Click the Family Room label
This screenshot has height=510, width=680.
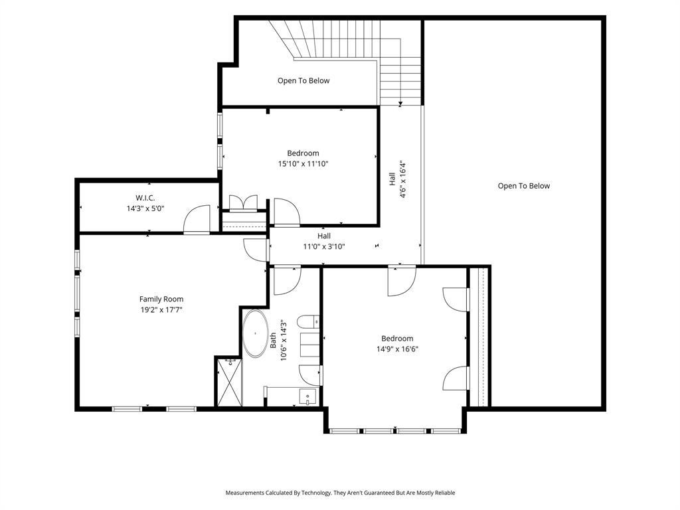tap(161, 299)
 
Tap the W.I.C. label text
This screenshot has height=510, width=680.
tap(145, 198)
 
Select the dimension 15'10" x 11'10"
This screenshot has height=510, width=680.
tap(303, 164)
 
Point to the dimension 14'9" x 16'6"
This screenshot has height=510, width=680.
tap(397, 349)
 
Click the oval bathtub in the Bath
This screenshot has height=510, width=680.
tap(255, 333)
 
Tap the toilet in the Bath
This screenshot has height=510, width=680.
tap(308, 322)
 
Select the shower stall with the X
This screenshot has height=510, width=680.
tap(229, 382)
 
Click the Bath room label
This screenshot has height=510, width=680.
tap(273, 341)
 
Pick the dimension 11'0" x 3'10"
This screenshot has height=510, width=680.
tap(324, 247)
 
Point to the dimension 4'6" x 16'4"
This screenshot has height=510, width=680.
tap(403, 179)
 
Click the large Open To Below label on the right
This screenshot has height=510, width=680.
tap(524, 186)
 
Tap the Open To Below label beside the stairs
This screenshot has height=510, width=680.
tap(303, 80)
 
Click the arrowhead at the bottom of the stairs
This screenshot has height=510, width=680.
tap(400, 104)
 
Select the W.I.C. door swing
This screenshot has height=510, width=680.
tap(197, 219)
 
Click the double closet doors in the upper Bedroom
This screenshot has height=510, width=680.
tap(243, 203)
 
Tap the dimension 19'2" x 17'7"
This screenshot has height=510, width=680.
tap(161, 309)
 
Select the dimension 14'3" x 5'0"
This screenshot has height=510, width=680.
tap(145, 209)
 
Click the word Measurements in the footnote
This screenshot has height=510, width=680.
tap(244, 493)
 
